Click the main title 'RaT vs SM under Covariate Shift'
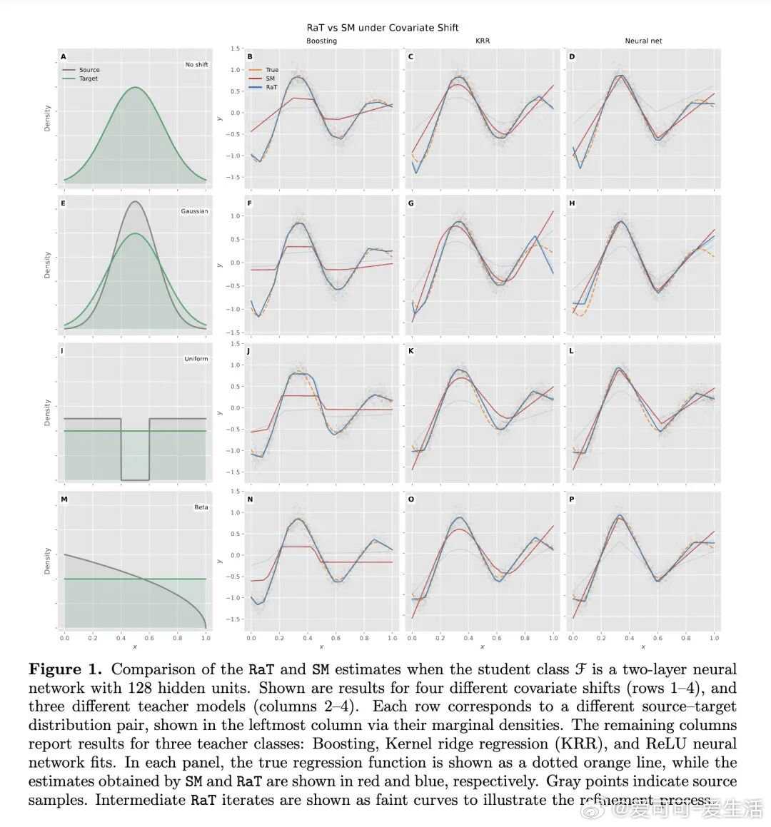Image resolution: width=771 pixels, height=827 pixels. click(x=382, y=28)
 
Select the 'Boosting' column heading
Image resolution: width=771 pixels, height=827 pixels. click(x=321, y=41)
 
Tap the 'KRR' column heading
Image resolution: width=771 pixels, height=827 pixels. click(x=482, y=41)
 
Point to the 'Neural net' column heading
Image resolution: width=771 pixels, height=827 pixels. click(x=643, y=41)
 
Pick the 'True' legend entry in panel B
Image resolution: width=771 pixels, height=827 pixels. click(x=271, y=70)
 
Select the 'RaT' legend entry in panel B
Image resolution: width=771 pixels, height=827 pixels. click(x=271, y=87)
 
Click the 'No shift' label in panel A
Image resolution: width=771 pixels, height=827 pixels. click(x=196, y=65)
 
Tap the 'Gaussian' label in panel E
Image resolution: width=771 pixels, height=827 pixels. click(x=194, y=211)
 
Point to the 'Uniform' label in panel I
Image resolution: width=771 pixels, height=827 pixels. click(x=196, y=359)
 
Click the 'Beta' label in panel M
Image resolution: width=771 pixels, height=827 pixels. click(x=201, y=507)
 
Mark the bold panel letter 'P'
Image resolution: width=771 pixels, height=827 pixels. click(x=572, y=499)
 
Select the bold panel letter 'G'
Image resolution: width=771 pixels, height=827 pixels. click(x=411, y=203)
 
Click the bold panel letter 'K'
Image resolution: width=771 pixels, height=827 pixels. click(x=411, y=352)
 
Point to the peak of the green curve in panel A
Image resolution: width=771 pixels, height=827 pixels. click(x=135, y=88)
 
